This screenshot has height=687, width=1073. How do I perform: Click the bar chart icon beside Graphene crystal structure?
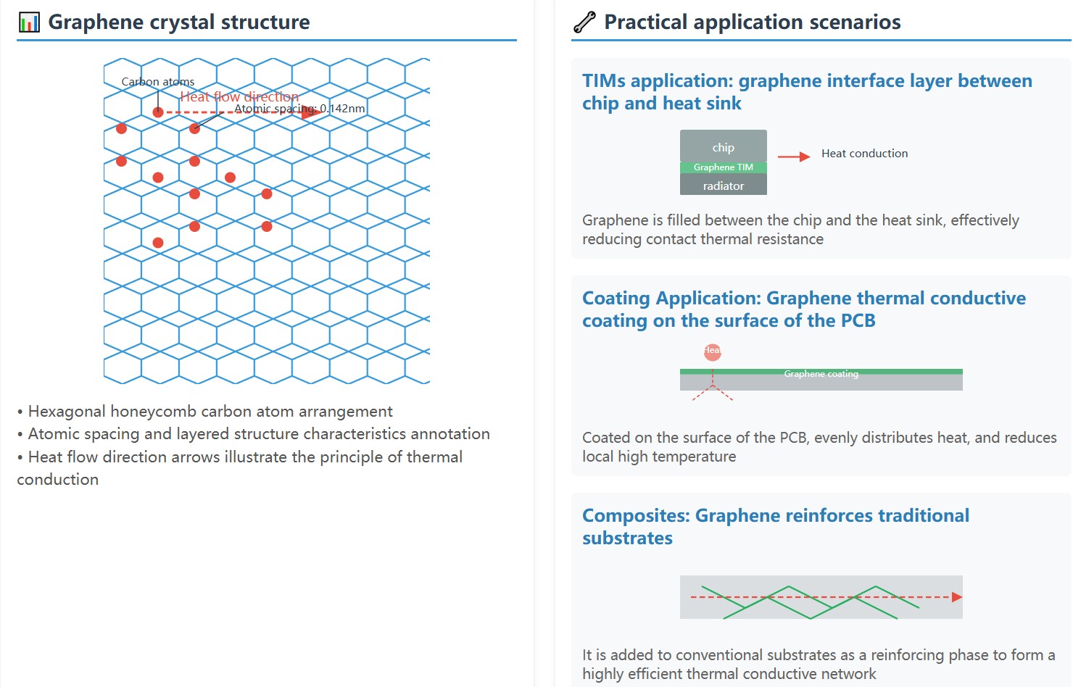(x=29, y=22)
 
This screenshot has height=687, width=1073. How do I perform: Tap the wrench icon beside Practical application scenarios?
(x=584, y=22)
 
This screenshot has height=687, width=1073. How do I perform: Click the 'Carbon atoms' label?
(x=158, y=82)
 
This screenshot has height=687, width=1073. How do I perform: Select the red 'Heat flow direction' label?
(x=239, y=96)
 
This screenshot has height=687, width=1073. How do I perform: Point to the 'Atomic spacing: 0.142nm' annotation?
(x=299, y=109)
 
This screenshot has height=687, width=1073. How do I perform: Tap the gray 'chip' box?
(x=723, y=146)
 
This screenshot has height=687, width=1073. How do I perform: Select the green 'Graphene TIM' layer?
(x=723, y=167)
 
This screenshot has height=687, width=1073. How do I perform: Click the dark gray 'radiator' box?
(x=723, y=186)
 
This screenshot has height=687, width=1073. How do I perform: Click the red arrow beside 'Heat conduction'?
(x=794, y=157)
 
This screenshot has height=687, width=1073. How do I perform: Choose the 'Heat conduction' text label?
(x=864, y=154)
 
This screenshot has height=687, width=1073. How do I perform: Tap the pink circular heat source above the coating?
(x=713, y=352)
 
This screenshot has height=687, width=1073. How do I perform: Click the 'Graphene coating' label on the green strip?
(x=821, y=374)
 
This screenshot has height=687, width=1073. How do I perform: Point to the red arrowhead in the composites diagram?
(x=957, y=597)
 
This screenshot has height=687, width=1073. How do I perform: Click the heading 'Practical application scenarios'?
(x=752, y=22)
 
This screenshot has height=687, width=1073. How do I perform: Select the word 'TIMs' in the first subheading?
(x=604, y=81)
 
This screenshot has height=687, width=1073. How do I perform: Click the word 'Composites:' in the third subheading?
(x=636, y=516)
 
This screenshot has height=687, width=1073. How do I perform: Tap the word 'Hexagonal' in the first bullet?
(x=66, y=412)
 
